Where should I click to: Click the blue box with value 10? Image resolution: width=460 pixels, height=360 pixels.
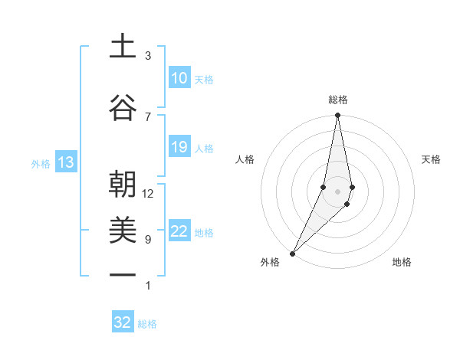[x=179, y=78]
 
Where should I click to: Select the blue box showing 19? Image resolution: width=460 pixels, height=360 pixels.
[x=179, y=147]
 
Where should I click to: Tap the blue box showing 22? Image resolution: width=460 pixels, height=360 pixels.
[x=179, y=232]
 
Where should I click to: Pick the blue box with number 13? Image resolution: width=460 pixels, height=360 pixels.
[x=65, y=162]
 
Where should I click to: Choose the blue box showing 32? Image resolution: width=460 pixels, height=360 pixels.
[x=123, y=322]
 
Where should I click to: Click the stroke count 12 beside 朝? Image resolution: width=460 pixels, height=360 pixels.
[x=148, y=194]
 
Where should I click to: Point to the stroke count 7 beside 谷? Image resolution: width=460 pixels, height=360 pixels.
[x=148, y=116]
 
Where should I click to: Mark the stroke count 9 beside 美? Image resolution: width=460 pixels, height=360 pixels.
[x=148, y=240]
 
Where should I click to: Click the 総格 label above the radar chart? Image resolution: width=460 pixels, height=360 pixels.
[x=338, y=100]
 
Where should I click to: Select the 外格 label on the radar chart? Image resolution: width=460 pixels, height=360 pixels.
[x=270, y=262]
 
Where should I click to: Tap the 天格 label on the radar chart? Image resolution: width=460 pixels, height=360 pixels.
[x=432, y=159]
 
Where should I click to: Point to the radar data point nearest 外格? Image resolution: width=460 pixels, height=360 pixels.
[x=292, y=253]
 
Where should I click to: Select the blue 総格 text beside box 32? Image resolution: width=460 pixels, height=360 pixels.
[x=148, y=324]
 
